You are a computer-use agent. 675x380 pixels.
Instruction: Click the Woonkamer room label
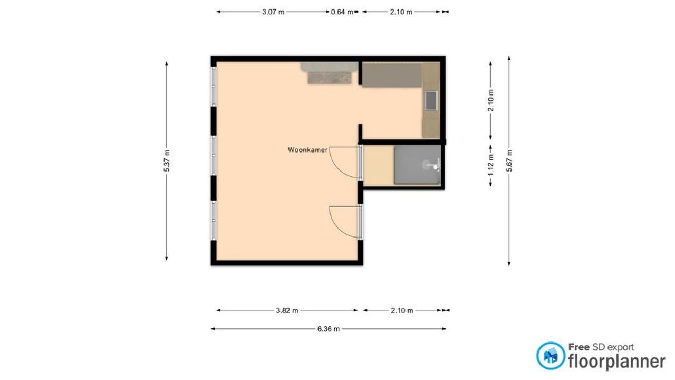tap(307, 150)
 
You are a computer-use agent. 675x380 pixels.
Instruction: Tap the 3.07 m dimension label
tap(273, 12)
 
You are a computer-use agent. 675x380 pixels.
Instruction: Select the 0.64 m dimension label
tap(342, 12)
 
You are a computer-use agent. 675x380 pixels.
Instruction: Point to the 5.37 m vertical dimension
tap(167, 161)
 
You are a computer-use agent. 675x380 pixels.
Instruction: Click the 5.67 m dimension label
tap(509, 161)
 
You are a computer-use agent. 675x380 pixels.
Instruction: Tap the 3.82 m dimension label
tap(287, 310)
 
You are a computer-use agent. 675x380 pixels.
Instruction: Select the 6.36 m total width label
tap(329, 329)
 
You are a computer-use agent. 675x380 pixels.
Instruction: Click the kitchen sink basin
tap(432, 100)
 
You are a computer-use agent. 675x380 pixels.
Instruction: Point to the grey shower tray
tap(417, 165)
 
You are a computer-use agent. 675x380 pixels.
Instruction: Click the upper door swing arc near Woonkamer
tap(344, 164)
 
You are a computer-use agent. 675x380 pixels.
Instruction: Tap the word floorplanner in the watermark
tap(616, 362)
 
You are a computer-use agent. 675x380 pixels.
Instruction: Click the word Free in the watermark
tap(578, 347)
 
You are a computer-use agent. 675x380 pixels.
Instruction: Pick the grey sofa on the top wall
tap(329, 73)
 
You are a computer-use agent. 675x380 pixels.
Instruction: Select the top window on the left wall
tap(214, 85)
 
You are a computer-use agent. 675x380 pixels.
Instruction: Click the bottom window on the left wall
tap(214, 221)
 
